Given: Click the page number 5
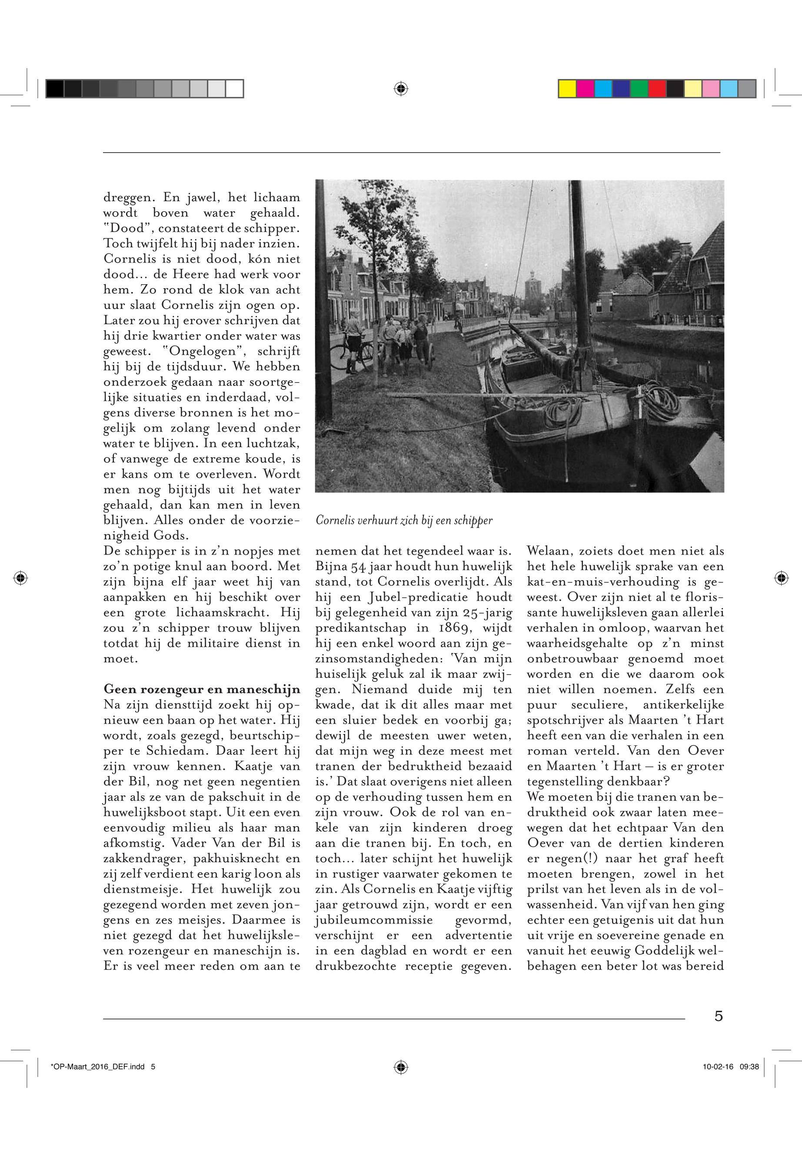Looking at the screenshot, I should pos(719,1015).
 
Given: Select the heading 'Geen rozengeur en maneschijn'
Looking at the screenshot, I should pos(202,689).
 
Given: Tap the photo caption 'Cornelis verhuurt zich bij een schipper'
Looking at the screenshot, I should pos(404,521).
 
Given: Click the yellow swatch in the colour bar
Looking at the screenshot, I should pos(568,89).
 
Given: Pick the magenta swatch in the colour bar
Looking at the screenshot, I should pos(586,89).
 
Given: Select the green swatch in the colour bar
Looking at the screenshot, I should pos(639,89).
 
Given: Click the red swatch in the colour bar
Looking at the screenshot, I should pos(657,89).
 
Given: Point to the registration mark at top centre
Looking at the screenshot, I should pos(400,89).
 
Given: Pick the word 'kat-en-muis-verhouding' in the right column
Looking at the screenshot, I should pos(602,582).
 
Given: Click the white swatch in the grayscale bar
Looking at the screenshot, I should pos(234,89).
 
